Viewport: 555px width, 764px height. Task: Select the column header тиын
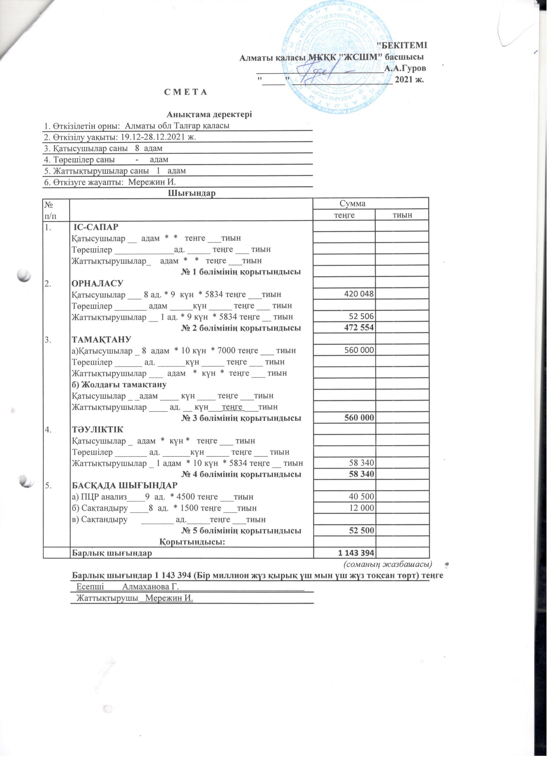402,215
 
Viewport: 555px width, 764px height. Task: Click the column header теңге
344,215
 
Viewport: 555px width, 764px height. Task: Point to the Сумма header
352,204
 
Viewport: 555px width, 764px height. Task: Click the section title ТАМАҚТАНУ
101,339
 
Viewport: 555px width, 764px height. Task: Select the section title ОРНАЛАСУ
98,283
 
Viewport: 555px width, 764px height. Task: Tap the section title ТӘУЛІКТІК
98,429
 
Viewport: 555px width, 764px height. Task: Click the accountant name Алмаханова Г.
150,587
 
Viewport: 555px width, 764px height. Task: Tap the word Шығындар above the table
192,193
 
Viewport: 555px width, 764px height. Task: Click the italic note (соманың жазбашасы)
388,564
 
